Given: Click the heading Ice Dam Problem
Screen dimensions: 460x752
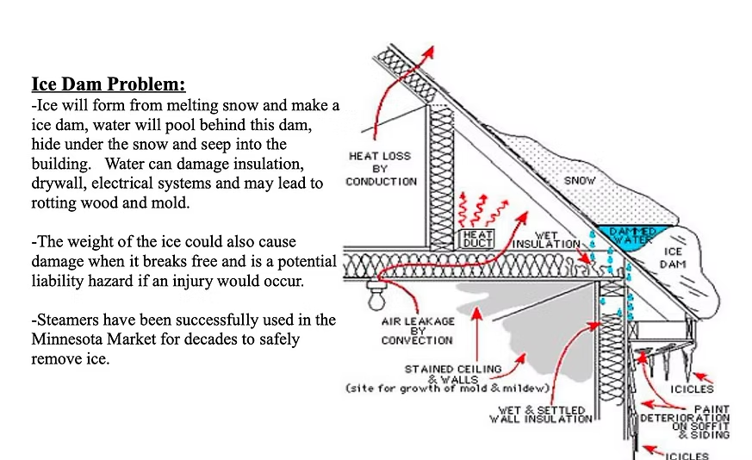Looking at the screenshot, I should (109, 85).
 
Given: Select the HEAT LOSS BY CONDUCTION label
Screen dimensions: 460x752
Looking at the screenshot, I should (380, 169).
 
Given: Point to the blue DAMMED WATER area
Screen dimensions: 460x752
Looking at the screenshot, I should (632, 235).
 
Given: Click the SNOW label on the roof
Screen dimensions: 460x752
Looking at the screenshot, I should (580, 181).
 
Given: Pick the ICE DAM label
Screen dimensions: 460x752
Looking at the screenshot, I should (673, 258).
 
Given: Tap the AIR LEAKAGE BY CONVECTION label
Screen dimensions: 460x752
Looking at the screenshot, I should (417, 331).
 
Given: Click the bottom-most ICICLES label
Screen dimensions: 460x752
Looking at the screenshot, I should (687, 456).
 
